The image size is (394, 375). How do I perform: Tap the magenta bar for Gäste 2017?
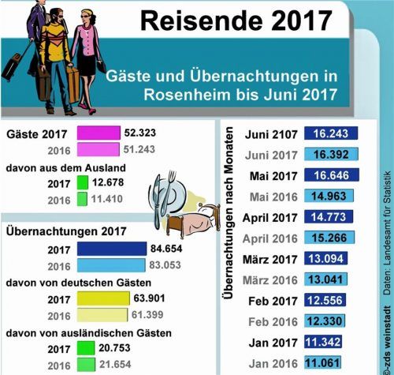coord(98,133)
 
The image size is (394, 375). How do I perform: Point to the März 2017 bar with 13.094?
coord(326,259)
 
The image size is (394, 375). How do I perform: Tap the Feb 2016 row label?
coord(273,321)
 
